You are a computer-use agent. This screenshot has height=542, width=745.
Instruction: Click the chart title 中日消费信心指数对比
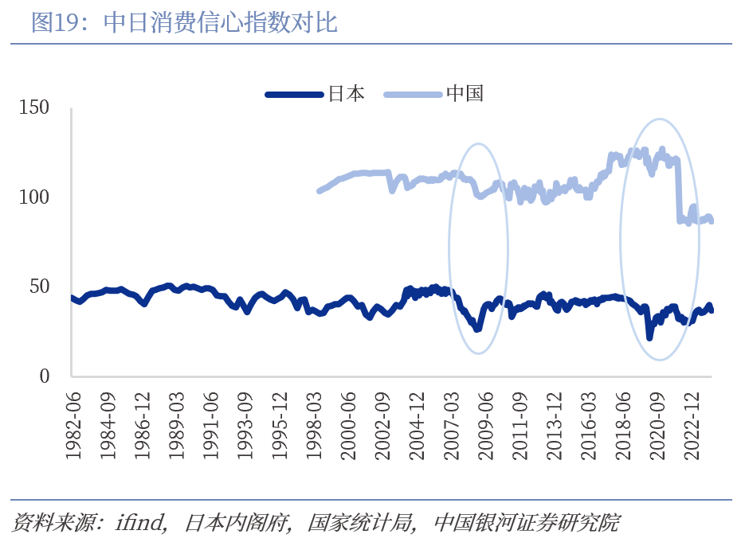point(221,23)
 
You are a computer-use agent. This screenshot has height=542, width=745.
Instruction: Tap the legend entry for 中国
point(465,94)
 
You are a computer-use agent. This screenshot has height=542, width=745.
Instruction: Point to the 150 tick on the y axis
point(34,107)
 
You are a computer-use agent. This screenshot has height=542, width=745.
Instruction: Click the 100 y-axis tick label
point(34,197)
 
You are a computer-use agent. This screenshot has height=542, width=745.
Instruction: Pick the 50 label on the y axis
point(40,287)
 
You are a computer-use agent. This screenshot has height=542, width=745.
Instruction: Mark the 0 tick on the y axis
point(45,376)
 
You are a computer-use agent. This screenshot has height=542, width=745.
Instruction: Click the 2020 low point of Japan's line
point(649,337)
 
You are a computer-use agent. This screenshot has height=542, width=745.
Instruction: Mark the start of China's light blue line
point(319,191)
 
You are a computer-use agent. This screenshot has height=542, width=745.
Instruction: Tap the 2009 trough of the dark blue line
point(478,328)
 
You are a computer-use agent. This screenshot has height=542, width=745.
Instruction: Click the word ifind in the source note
point(140,523)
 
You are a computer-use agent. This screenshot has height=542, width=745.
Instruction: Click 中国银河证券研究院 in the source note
point(526,523)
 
